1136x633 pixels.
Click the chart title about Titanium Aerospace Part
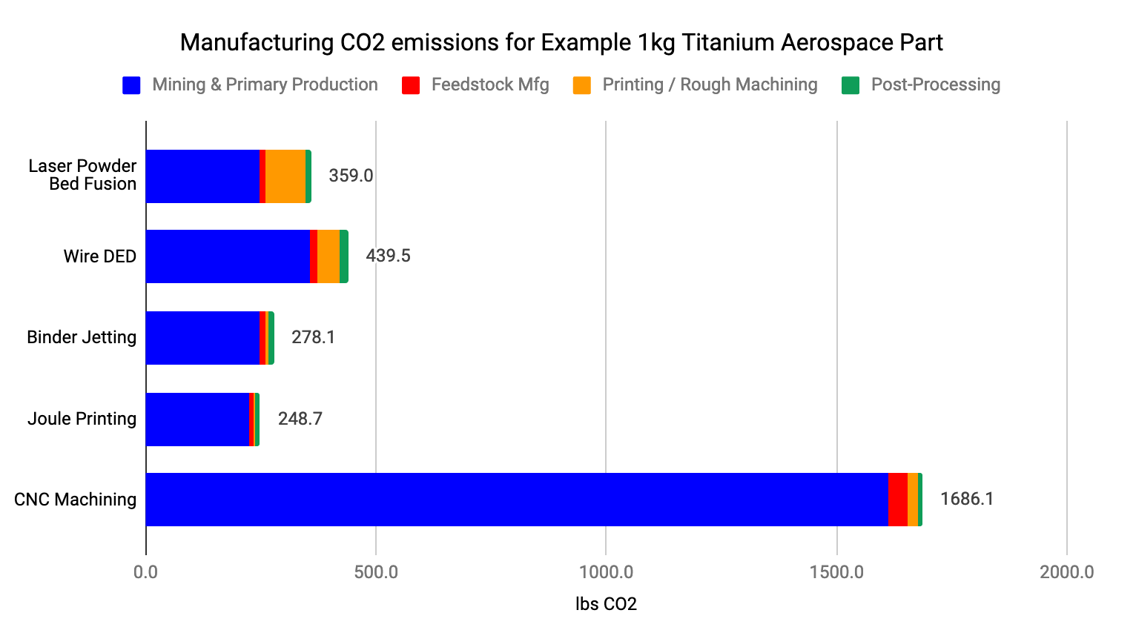tap(561, 42)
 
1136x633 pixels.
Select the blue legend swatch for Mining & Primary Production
tap(131, 85)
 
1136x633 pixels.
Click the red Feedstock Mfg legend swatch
tap(411, 85)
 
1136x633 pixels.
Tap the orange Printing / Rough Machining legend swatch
tap(582, 85)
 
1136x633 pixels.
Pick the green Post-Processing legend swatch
tap(851, 85)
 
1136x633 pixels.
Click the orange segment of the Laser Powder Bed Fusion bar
tap(285, 176)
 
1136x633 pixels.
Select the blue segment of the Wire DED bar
tap(228, 256)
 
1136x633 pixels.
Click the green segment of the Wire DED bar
tap(344, 256)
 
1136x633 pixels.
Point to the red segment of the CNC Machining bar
tap(897, 500)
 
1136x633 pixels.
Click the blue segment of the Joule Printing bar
tap(197, 420)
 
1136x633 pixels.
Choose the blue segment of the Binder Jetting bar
tap(202, 338)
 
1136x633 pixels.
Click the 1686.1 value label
tap(967, 499)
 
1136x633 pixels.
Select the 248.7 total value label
tap(300, 419)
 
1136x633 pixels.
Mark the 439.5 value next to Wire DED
tap(388, 256)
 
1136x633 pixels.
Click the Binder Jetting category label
tap(82, 337)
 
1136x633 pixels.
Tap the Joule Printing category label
tap(82, 419)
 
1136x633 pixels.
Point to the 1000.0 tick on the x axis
tap(606, 572)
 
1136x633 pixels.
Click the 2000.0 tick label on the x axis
tap(1066, 572)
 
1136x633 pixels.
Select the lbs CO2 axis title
tap(606, 604)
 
